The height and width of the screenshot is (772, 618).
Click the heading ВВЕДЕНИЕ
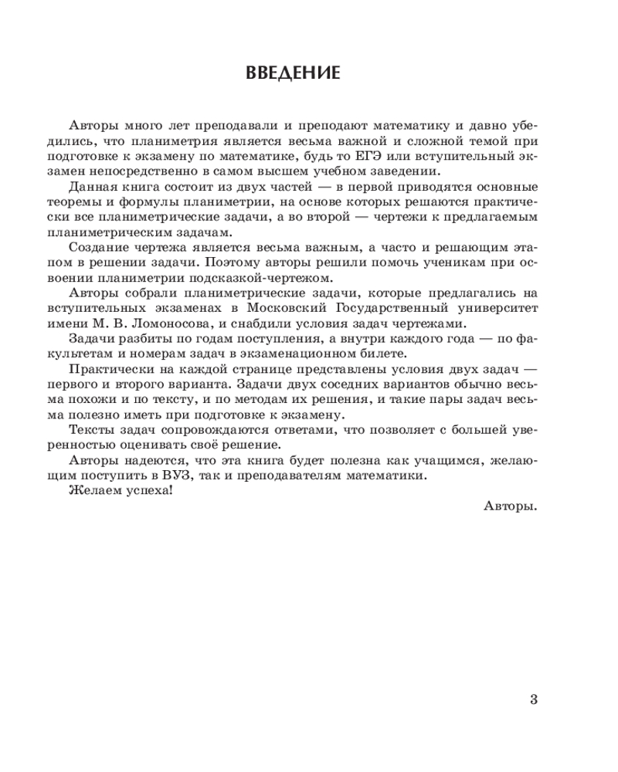point(292,74)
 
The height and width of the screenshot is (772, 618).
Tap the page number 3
point(533,700)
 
